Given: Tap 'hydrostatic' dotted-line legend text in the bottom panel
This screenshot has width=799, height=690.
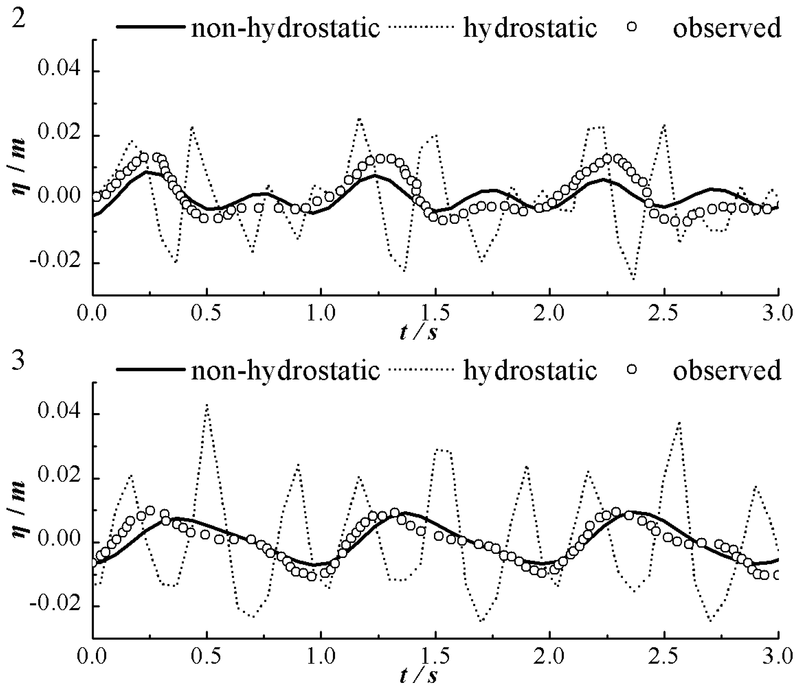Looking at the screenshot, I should point(530,370).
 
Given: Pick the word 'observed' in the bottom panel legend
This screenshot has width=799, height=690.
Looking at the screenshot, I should point(727,370).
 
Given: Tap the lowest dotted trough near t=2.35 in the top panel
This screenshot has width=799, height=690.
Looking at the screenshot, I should point(634,279).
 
